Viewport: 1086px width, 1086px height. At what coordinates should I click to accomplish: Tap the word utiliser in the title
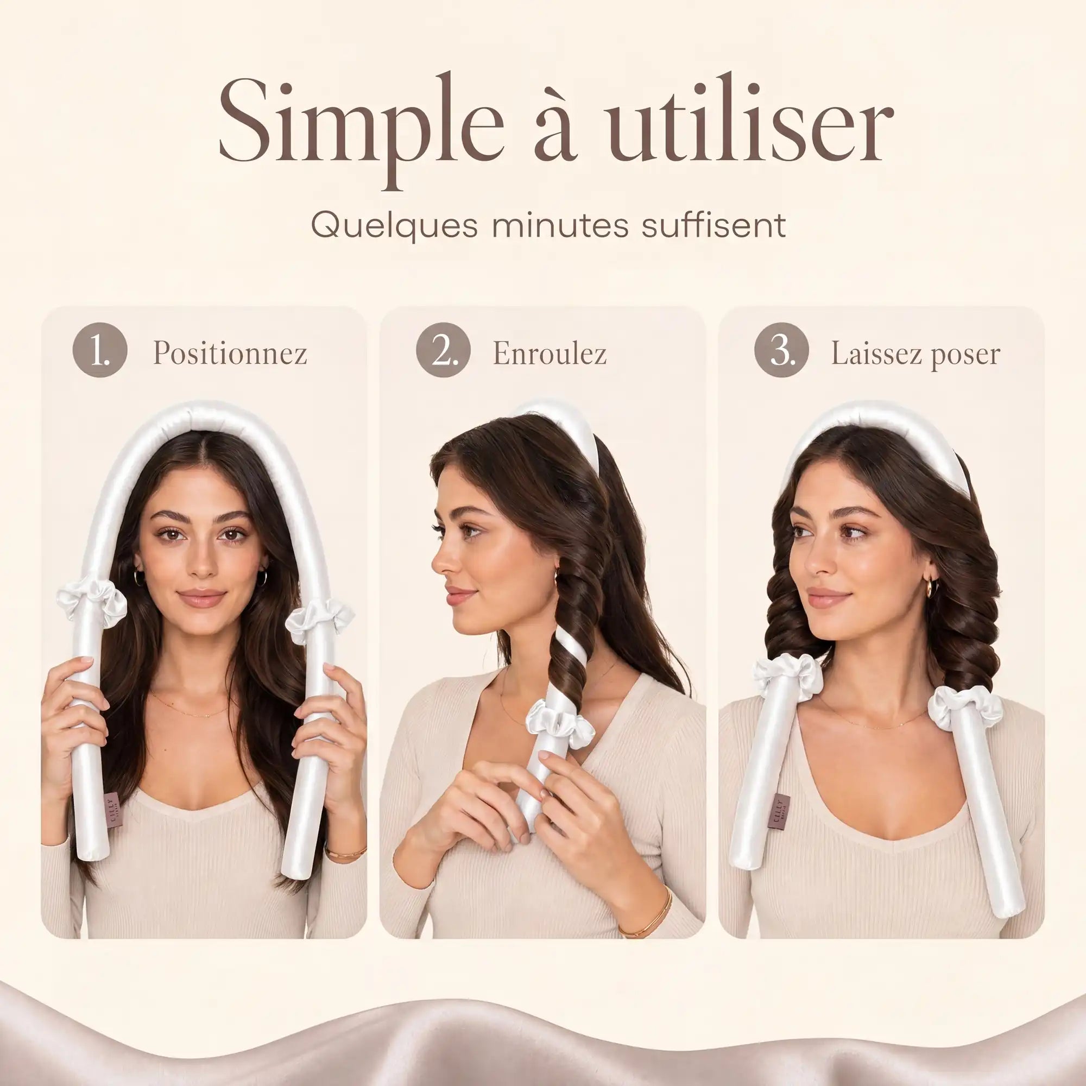[x=748, y=118]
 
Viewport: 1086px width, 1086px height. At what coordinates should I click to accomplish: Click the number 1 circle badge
[x=100, y=350]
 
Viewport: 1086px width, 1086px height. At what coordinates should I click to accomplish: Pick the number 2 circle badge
[x=444, y=350]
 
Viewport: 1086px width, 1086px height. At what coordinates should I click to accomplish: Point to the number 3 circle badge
[x=782, y=350]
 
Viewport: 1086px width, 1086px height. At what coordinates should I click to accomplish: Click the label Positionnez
[x=230, y=353]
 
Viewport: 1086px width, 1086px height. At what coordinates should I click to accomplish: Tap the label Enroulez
[x=550, y=353]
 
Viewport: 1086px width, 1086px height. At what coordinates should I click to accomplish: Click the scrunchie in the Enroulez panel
[x=560, y=723]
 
